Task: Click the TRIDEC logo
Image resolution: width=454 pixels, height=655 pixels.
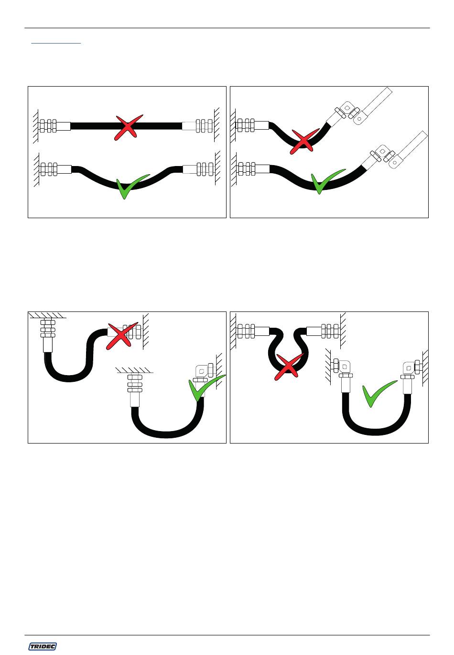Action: (x=43, y=646)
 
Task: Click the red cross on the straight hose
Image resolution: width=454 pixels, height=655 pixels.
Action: (x=128, y=127)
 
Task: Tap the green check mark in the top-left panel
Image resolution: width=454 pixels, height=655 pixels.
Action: (x=131, y=187)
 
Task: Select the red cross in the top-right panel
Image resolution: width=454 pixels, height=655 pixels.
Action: (x=304, y=141)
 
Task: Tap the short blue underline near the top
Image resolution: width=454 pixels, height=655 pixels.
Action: (x=56, y=43)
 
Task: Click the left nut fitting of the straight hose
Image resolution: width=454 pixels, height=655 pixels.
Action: (x=54, y=126)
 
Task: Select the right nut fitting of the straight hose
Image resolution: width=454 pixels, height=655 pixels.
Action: (x=198, y=126)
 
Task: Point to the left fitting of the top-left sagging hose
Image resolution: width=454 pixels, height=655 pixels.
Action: (x=55, y=169)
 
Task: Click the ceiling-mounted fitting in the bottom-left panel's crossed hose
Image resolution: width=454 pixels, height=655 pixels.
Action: (x=48, y=335)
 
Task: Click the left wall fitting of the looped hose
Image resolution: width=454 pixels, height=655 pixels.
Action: (x=252, y=331)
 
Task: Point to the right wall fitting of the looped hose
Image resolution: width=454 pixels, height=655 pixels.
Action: (x=323, y=331)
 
